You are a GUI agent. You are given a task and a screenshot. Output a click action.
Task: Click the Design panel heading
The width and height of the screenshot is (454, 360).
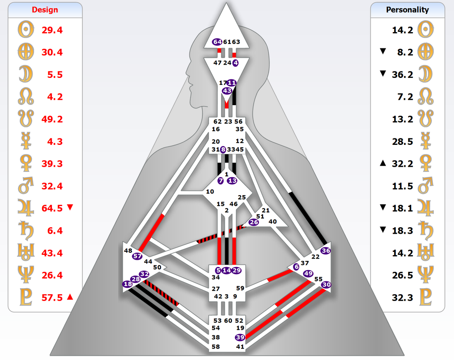point(45,10)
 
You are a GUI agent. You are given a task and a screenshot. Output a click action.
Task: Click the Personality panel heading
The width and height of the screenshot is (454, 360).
point(407,10)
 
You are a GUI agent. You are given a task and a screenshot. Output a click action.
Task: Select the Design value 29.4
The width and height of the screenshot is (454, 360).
point(52,30)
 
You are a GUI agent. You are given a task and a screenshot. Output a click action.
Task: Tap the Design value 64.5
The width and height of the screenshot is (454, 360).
point(52,208)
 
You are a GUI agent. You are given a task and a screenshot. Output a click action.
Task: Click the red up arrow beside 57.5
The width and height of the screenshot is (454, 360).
point(69,297)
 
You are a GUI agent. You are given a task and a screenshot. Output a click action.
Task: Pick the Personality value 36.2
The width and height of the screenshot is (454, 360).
point(403,74)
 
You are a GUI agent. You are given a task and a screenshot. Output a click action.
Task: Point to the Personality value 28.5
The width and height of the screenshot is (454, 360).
point(403,141)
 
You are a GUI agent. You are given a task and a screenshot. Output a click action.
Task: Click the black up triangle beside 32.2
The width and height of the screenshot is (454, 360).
point(383,163)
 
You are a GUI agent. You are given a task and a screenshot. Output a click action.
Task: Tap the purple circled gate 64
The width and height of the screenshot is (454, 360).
point(217,42)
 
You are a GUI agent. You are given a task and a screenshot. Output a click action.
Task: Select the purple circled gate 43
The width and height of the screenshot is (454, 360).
point(227,91)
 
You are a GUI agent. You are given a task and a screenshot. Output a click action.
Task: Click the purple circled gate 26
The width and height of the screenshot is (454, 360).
point(254,222)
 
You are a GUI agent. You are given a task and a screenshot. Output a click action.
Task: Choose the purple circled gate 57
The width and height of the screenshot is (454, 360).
point(137,256)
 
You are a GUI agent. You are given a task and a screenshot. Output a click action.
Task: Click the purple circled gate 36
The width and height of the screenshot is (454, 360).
point(325,250)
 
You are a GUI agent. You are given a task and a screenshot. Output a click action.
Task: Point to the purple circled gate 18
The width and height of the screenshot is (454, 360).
point(127,284)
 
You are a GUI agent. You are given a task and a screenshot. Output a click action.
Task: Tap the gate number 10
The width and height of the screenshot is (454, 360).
point(210,192)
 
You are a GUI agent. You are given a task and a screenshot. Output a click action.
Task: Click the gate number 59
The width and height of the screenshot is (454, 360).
point(240,288)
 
